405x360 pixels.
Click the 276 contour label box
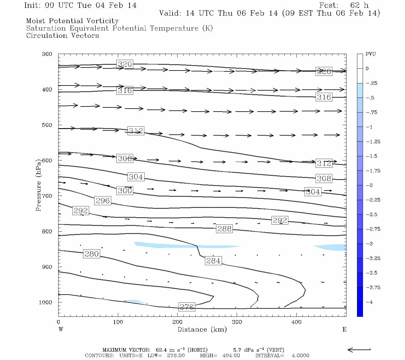pos(187,307)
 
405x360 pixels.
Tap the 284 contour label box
pos(213,261)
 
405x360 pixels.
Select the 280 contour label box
pos(91,254)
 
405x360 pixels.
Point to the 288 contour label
pos(224,229)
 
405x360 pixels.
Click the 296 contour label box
pos(103,201)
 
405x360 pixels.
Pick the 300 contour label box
pos(124,190)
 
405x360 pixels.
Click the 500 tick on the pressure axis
pos(47,125)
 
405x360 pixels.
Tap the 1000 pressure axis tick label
pos(46,302)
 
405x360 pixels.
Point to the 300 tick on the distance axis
pos(237,322)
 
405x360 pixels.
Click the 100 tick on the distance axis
pos(118,322)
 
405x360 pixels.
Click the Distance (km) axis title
pos(202,329)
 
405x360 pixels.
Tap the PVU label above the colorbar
pos(370,54)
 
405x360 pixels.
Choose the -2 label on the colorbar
pos(369,185)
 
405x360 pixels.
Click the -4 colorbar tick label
pos(369,302)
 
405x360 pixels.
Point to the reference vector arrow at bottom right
pos(359,349)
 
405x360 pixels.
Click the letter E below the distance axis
pos(344,329)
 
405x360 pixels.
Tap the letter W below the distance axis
pos(61,329)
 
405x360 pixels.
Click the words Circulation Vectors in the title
pos(62,36)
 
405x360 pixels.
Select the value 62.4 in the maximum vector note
pos(162,350)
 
